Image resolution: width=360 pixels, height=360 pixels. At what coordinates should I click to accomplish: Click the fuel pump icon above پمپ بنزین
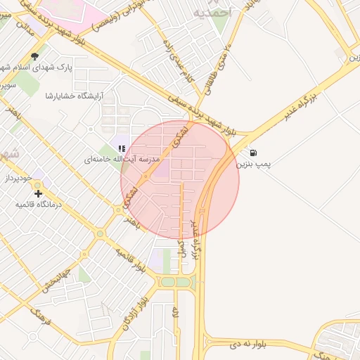tap(253, 153)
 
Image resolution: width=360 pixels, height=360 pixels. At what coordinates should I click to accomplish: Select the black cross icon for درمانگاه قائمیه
tap(38, 193)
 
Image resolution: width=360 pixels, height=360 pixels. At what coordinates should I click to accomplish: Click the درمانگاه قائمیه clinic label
tap(40, 204)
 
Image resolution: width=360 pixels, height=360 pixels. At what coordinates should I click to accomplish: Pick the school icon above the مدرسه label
tap(122, 148)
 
